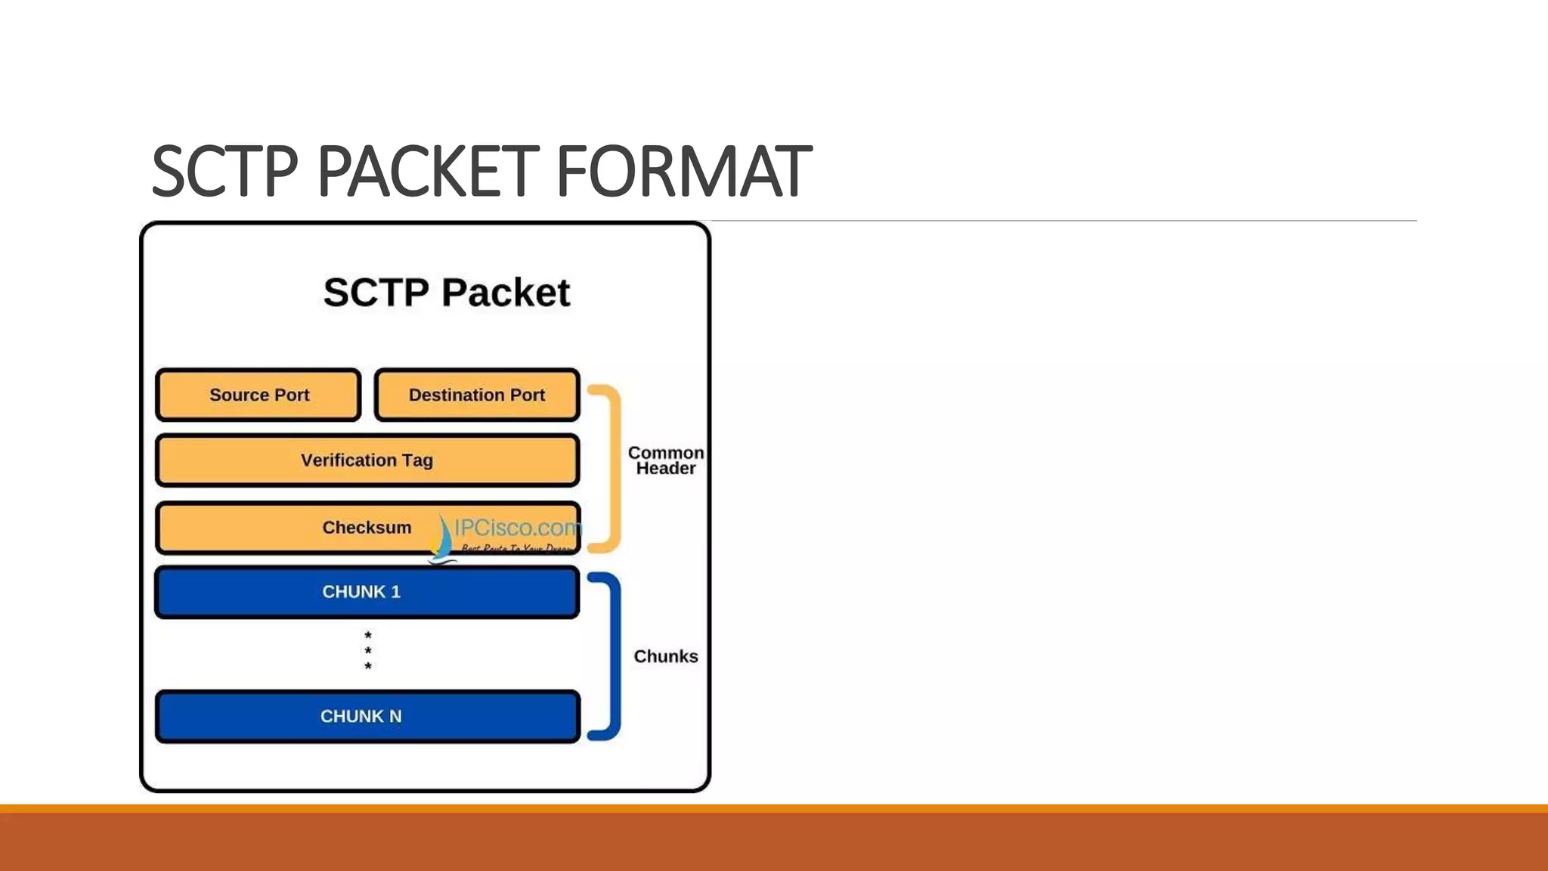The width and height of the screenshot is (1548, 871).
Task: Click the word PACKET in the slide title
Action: point(428,172)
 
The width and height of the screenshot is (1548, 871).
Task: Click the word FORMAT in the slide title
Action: point(683,172)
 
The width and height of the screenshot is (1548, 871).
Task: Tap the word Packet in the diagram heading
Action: point(506,293)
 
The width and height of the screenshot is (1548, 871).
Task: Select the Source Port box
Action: point(259,395)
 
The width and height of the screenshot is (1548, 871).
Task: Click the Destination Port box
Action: point(476,395)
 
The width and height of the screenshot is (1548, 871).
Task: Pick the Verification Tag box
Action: point(367,460)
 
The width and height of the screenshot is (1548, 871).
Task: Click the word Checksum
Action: point(367,528)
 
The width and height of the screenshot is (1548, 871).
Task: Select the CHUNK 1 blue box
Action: point(367,592)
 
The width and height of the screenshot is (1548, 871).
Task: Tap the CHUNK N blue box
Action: point(367,716)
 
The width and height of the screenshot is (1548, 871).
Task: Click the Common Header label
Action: point(665,460)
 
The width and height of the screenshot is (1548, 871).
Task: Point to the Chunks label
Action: point(665,656)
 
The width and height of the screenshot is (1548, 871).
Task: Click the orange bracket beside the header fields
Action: point(616,469)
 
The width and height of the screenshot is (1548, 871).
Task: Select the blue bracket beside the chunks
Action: point(616,656)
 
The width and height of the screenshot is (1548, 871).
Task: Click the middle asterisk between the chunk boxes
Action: point(368,651)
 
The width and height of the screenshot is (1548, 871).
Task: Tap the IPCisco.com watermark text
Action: point(517,527)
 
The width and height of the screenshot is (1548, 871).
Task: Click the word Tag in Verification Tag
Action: point(417,460)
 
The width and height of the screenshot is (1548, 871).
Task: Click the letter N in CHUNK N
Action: point(395,716)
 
